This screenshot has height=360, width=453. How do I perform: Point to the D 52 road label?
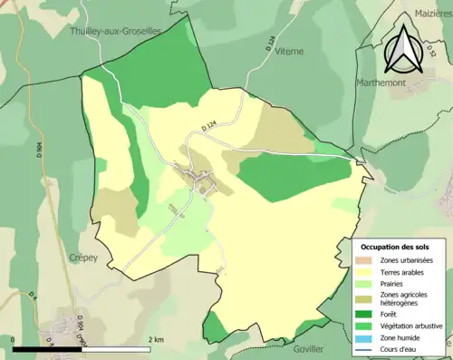coord(432,54)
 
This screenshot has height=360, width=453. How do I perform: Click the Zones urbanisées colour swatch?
coord(367,261)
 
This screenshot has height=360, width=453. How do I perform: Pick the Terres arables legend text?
coord(405,272)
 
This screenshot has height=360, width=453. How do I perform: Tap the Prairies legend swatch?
coord(367,283)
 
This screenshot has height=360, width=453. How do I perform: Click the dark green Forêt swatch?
coord(367,314)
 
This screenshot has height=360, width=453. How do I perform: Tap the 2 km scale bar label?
coord(157,339)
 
